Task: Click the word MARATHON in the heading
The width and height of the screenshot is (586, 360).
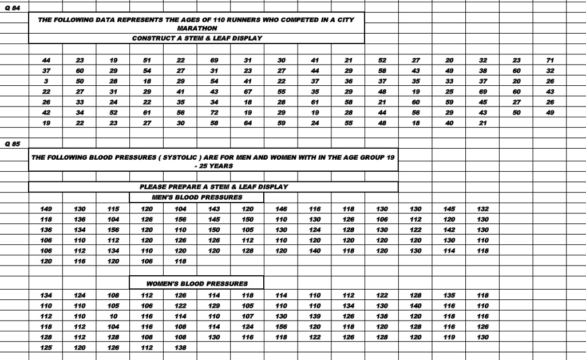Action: click(x=196, y=27)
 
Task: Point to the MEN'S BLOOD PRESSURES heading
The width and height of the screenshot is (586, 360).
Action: click(x=196, y=197)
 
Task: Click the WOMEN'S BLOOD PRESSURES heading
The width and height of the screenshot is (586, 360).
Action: click(x=197, y=283)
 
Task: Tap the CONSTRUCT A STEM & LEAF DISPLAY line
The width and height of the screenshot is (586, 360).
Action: click(x=196, y=38)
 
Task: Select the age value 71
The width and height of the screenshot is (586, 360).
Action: click(x=550, y=60)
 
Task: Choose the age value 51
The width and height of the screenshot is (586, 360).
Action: click(x=146, y=60)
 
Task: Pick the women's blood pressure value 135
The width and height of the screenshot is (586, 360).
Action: click(x=449, y=295)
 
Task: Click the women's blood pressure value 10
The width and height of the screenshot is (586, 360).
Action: click(x=113, y=317)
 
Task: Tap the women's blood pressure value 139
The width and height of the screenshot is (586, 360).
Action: click(x=315, y=317)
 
